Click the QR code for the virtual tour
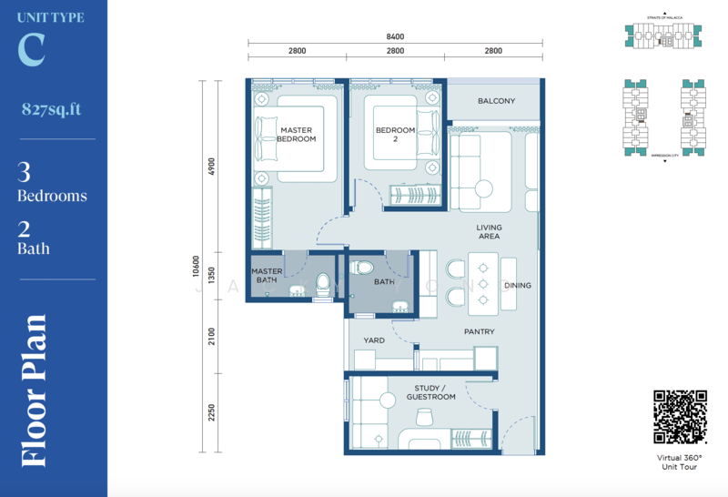coord(680,417)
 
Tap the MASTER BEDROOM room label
coord(297,135)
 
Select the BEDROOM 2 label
coord(395,135)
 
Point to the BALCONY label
coord(496,101)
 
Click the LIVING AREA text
coord(489,232)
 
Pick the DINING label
coord(517,285)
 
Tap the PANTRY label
coord(479,332)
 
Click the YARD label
coord(374,340)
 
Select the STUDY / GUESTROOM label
coord(431,392)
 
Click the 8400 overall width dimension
coord(395,37)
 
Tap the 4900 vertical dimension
coord(211,167)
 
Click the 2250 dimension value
coord(211,412)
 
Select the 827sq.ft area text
coord(52,109)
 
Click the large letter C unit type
coord(31,50)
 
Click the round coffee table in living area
coord(482,190)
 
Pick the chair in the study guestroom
coord(424,418)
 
